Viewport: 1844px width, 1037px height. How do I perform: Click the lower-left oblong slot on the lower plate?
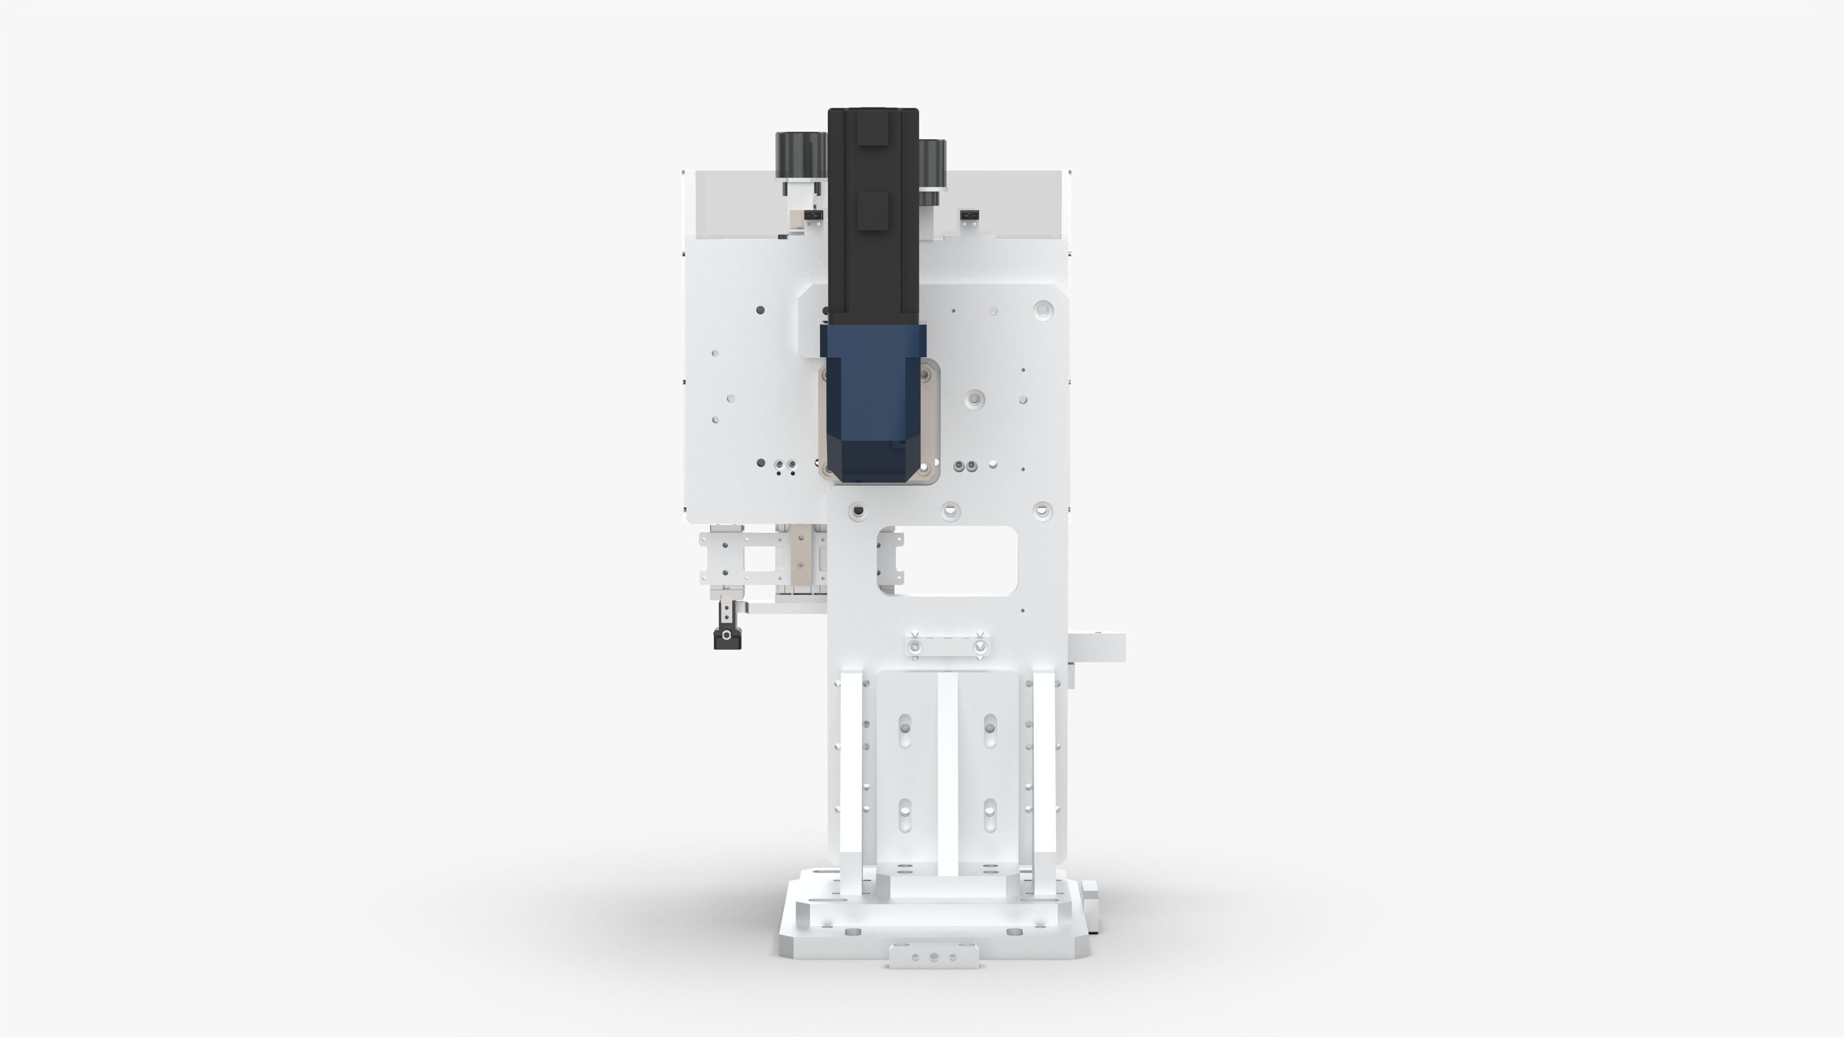[905, 815]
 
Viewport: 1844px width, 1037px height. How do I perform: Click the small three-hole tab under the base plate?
[934, 956]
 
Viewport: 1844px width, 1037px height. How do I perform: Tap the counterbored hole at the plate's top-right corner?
[1043, 310]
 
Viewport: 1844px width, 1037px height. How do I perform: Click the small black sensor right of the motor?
[969, 215]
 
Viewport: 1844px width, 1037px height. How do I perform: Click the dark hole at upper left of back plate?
[760, 310]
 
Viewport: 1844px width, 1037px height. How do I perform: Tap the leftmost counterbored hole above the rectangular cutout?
[858, 511]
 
